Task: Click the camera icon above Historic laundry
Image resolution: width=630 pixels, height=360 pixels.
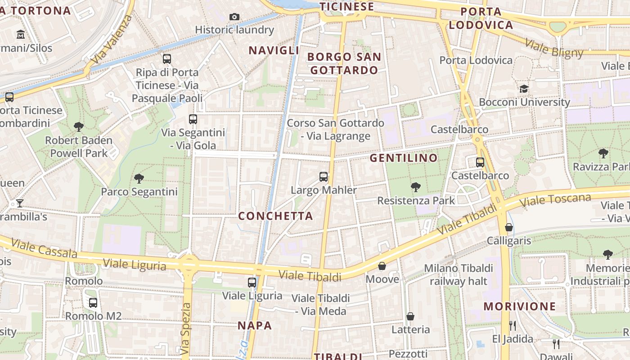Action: [x=234, y=17]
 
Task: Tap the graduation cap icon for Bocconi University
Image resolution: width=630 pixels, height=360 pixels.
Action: [x=524, y=89]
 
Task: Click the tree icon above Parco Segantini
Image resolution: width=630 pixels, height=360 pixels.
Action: [x=139, y=179]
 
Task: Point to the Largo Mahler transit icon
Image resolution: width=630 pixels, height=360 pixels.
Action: [x=324, y=176]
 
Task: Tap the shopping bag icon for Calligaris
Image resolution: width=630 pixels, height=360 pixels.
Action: [x=509, y=227]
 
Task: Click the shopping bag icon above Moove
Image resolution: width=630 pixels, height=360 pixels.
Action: [x=382, y=266]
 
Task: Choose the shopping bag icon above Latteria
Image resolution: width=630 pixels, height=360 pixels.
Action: [x=410, y=316]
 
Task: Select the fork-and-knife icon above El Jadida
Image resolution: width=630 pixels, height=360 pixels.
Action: [x=513, y=325]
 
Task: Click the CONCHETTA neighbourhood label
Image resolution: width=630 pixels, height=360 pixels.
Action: [x=275, y=216]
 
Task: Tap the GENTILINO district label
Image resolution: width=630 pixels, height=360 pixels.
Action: [x=403, y=158]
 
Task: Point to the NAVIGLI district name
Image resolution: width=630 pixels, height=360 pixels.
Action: [x=274, y=50]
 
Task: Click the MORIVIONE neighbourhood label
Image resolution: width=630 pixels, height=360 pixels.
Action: [x=519, y=306]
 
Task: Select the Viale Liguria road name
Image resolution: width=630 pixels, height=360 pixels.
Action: [x=135, y=265]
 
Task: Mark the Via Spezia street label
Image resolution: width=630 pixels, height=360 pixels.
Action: [x=186, y=328]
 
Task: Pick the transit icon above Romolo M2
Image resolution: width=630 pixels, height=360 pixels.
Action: [x=93, y=303]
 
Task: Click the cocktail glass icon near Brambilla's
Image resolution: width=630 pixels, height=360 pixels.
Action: [x=20, y=203]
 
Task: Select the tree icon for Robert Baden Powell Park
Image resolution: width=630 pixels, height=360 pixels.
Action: [x=79, y=127]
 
